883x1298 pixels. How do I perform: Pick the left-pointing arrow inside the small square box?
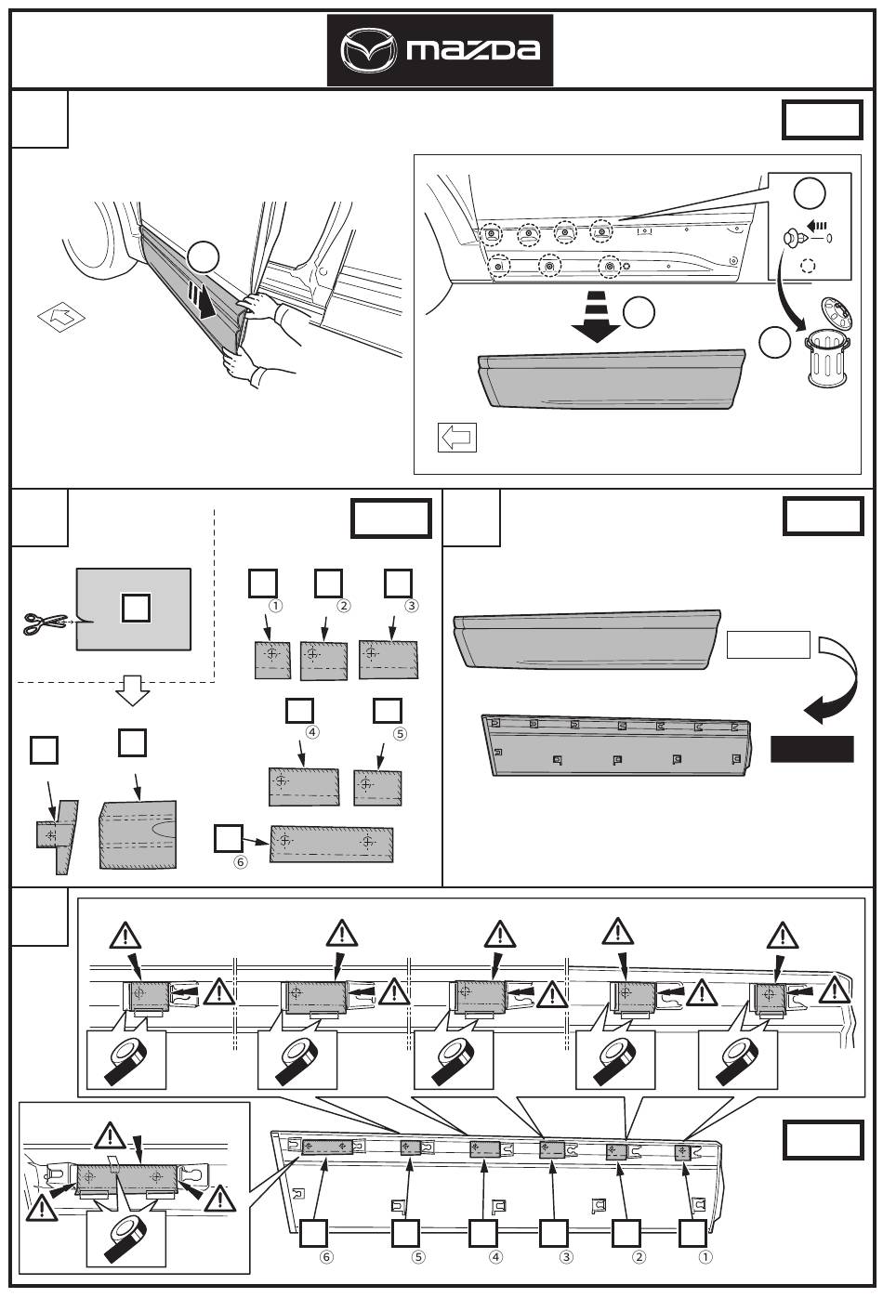coord(456,437)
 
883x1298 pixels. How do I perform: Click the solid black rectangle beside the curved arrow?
coord(811,749)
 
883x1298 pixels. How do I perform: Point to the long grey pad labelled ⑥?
coord(332,844)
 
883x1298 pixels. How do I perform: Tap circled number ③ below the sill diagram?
coord(566,1258)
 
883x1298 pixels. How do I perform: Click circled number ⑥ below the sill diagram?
coord(326,1258)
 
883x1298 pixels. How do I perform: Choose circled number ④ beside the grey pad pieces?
coord(312,731)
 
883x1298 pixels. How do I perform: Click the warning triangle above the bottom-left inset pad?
coord(110,1135)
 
